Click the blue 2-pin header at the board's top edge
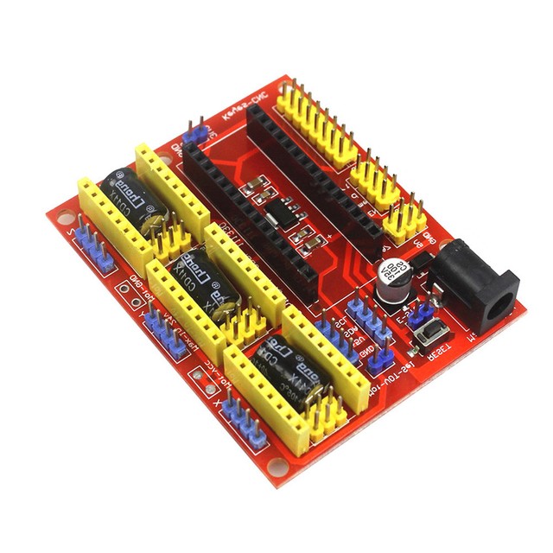[x=195, y=134]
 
